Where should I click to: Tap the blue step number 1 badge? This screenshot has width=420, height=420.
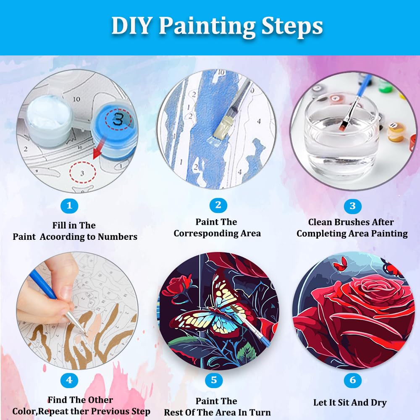pos(69,206)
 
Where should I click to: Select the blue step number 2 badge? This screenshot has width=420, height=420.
pos(218,205)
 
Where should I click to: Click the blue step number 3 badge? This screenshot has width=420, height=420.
pos(352,206)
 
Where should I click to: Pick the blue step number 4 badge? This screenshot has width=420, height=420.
pos(69,381)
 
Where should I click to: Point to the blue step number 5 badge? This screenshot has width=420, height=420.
pos(214,381)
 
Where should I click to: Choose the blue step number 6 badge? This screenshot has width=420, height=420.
pos(352,381)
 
